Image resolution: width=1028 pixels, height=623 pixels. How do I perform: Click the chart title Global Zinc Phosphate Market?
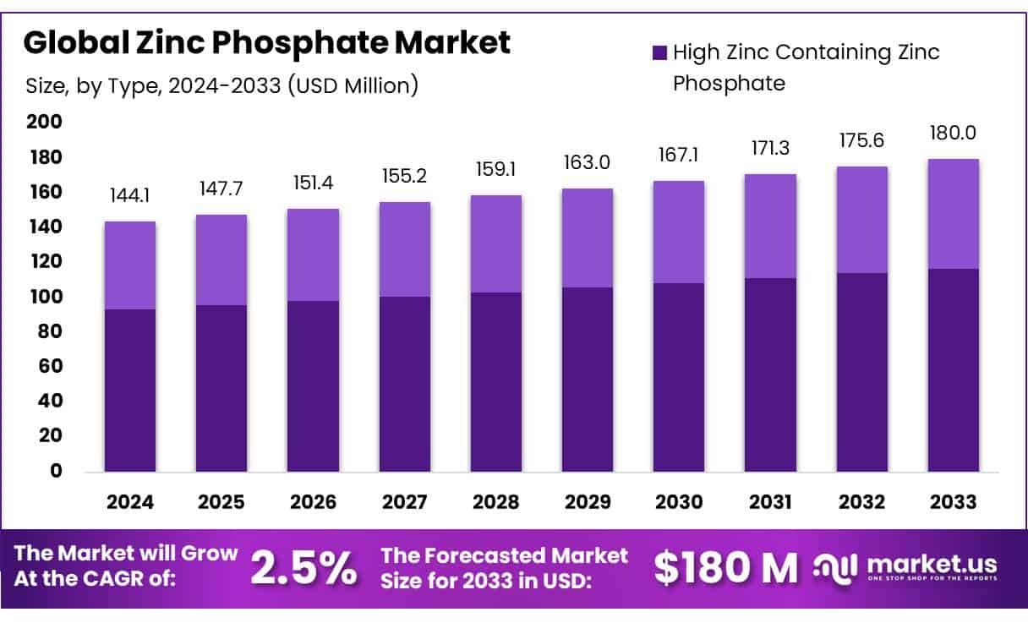[267, 43]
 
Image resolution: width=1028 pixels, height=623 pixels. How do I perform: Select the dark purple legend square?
[660, 53]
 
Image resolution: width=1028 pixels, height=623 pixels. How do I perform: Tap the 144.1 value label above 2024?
[130, 196]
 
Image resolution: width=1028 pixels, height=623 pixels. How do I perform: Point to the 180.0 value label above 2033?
[953, 134]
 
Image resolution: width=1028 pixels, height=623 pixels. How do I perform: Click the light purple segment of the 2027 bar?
[404, 249]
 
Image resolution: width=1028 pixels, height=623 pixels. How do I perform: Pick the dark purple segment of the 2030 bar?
[679, 377]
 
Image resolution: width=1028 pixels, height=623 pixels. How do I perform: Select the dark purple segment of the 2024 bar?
[130, 390]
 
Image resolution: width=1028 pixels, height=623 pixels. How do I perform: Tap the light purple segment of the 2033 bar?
[953, 214]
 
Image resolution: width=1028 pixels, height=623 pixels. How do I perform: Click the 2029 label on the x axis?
[588, 502]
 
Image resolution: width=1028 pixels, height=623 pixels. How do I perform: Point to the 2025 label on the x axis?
[221, 502]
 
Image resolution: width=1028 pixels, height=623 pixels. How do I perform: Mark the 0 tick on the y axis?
[56, 471]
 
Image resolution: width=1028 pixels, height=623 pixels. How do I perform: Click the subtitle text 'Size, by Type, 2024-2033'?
[221, 85]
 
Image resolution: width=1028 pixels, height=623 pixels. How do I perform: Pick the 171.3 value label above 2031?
[770, 148]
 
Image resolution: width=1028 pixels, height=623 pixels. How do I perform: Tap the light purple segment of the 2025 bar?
[221, 260]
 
